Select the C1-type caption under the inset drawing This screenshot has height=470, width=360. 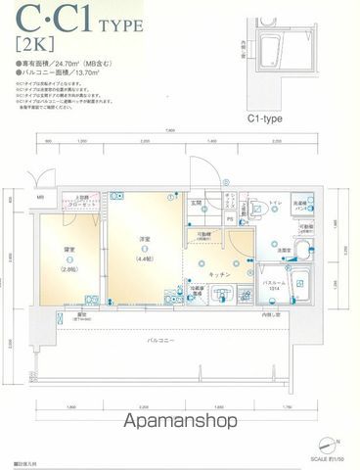264,117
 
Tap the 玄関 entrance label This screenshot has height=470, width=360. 197,204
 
